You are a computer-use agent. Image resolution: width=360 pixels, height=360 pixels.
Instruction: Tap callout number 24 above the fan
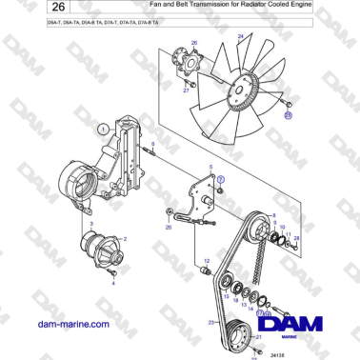click(x=239, y=36)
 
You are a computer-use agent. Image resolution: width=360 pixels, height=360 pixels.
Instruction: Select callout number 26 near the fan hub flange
click(x=194, y=44)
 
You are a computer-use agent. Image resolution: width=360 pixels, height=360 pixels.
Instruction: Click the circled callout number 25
click(x=290, y=115)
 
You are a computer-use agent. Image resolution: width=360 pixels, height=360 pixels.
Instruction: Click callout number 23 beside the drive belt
click(x=210, y=324)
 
